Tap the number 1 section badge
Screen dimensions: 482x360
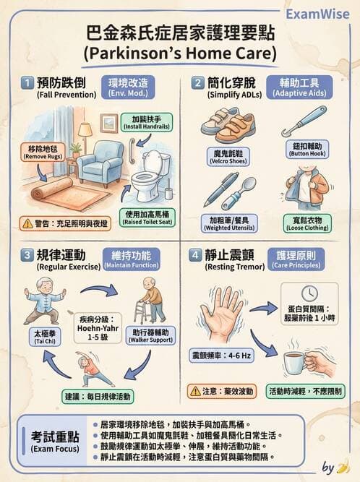[x=26, y=82]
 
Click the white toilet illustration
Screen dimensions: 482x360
[x=148, y=177]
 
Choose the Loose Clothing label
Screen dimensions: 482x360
[x=307, y=223]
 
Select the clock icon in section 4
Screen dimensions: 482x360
[x=309, y=293]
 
